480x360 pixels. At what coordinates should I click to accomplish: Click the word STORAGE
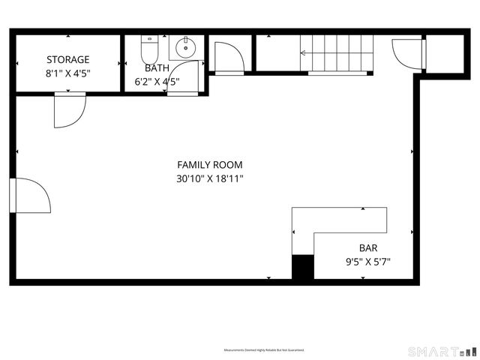point(68,59)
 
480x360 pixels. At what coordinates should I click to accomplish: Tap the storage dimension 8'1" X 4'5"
point(68,74)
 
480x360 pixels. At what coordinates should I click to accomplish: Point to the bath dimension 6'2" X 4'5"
point(157,82)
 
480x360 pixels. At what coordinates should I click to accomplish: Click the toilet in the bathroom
point(148,50)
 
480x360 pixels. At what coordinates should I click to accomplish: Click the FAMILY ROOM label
point(209,165)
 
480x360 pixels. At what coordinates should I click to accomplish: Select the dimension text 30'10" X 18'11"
point(209,179)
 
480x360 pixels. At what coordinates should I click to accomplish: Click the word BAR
point(367,248)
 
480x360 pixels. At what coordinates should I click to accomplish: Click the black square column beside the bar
point(302,268)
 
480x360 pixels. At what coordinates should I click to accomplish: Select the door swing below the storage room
point(68,109)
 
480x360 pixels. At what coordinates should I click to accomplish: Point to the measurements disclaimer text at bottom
point(263,350)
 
